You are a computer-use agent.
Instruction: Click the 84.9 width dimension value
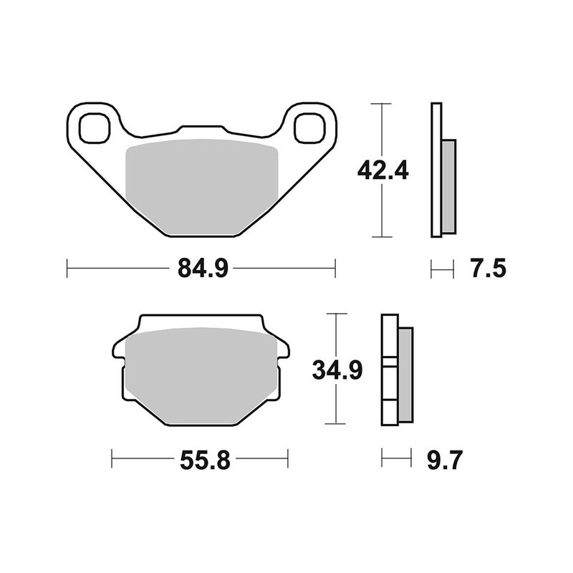pos(201,269)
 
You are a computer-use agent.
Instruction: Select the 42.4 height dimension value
pos(382,171)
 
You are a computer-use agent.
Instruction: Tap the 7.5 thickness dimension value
pos(489,269)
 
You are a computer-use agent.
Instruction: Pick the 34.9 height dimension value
pos(337,370)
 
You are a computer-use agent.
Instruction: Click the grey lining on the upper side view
pos(448,186)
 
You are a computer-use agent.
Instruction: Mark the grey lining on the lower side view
pos(405,373)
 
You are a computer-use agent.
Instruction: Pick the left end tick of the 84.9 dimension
pos(67,269)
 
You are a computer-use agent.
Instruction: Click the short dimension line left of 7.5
pos(442,269)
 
